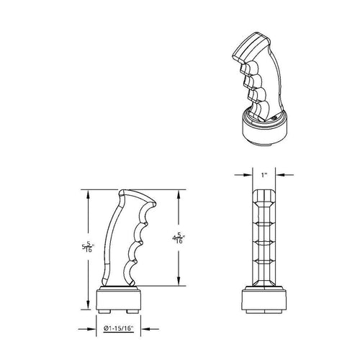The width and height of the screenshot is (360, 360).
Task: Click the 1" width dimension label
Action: coord(264,175)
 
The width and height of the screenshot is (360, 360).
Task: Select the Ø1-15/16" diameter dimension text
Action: coord(118,328)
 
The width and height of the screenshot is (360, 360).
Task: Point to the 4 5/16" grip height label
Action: coord(179,238)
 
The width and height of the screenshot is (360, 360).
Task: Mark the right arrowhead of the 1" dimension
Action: coord(279,175)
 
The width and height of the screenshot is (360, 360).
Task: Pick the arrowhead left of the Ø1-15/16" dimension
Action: coord(92,329)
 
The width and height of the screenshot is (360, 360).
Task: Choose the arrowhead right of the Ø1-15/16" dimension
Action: coord(145,329)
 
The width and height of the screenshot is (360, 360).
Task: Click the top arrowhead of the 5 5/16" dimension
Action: coord(88,194)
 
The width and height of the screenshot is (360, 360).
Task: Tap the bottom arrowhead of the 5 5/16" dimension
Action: coord(88,305)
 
